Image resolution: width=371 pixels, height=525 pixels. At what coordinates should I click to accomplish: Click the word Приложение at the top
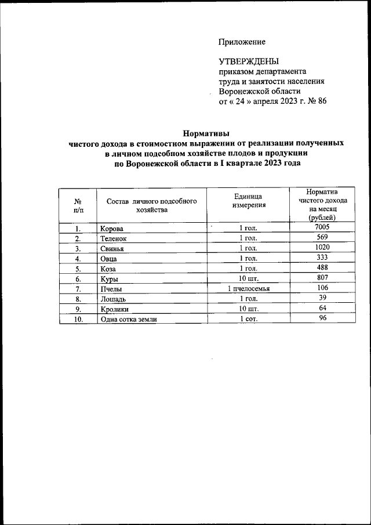[x=242, y=42]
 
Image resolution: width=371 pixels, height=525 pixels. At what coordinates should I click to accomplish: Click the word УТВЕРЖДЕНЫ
[x=248, y=61]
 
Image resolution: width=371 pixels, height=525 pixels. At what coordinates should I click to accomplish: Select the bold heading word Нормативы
[x=206, y=132]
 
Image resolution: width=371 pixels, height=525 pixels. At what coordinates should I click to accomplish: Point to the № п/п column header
[x=78, y=205]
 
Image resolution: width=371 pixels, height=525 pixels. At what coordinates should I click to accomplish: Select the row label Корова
[x=111, y=229]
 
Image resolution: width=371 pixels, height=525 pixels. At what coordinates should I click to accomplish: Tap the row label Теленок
[x=113, y=238]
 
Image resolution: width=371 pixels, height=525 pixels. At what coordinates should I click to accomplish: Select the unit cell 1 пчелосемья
[x=249, y=288]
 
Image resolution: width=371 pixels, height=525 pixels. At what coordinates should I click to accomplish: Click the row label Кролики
[x=115, y=309]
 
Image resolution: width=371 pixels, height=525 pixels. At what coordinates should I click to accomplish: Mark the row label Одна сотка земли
[x=128, y=319]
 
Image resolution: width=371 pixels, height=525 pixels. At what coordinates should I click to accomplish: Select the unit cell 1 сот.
[x=249, y=319]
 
